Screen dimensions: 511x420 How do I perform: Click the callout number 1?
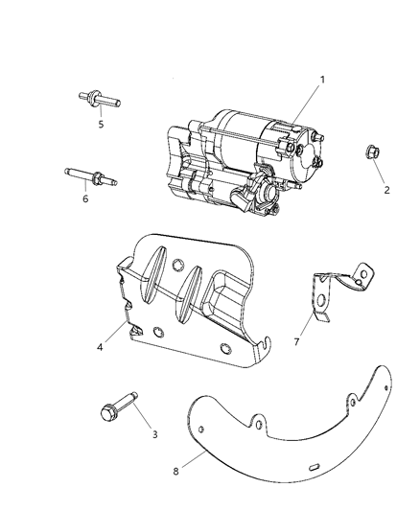(x=322, y=80)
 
